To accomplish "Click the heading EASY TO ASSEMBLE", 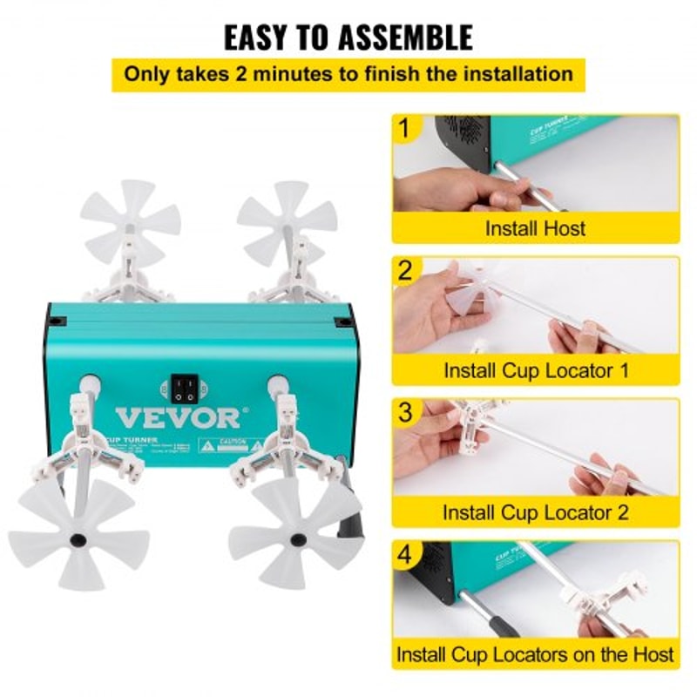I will pos(348,37).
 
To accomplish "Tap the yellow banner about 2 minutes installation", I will pos(348,73).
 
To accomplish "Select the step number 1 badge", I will pos(404,130).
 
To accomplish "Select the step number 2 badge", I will pos(404,271).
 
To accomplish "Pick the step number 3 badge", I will pos(404,413).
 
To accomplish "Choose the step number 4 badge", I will pos(404,555).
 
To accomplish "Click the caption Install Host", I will pos(535,229).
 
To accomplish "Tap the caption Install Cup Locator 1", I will pos(535,370).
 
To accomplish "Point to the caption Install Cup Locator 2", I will pos(535,512).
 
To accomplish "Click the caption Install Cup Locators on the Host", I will pos(535,653).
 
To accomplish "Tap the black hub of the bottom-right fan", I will pos(299,540).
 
